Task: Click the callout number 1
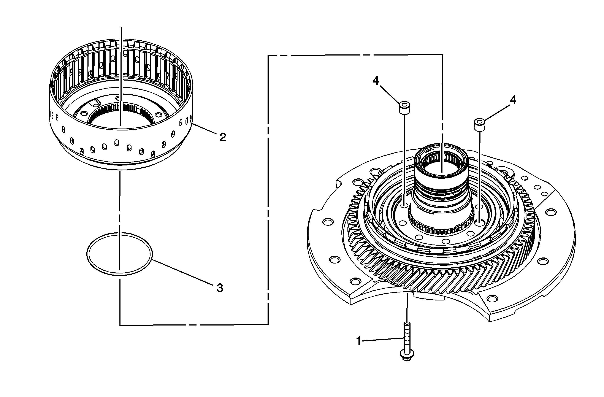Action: point(359,341)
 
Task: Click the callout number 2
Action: point(223,137)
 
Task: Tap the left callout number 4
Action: point(376,81)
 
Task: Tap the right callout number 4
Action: point(513,100)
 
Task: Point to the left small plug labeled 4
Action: point(404,108)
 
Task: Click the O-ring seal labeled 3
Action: point(120,254)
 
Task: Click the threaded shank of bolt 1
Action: point(407,336)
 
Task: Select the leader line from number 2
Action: point(204,129)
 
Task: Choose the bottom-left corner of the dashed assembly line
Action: point(120,325)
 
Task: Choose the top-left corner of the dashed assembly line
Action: point(268,55)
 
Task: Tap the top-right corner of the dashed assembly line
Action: point(442,55)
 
